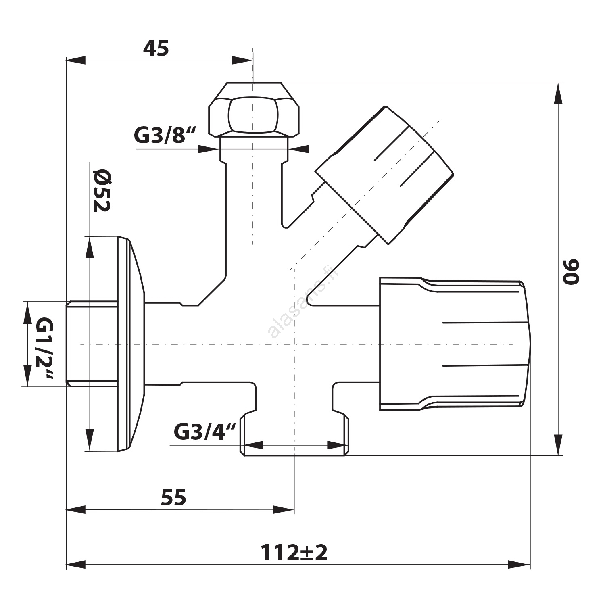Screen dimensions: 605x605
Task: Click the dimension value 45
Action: [x=156, y=49]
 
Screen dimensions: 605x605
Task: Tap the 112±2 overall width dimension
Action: [x=294, y=553]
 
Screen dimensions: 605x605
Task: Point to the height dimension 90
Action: [x=571, y=272]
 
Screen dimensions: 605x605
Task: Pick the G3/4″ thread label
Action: [x=204, y=432]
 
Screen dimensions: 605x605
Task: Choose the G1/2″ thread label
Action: [x=44, y=348]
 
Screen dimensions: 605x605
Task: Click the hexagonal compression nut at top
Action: [x=254, y=109]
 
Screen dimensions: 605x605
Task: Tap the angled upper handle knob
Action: [x=384, y=175]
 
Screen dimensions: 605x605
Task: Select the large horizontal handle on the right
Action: [x=455, y=344]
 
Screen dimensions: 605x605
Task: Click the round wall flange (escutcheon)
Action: [x=130, y=344]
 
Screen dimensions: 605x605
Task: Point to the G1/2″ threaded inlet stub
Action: [x=92, y=344]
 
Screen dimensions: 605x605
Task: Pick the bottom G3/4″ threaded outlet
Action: [x=294, y=434]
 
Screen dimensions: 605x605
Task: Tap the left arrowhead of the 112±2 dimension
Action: [x=76, y=564]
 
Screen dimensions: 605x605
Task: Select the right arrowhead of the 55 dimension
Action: [x=284, y=509]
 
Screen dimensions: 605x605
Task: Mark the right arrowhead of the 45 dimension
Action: [x=243, y=60]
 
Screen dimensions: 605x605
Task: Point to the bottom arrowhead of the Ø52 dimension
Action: [x=89, y=440]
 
